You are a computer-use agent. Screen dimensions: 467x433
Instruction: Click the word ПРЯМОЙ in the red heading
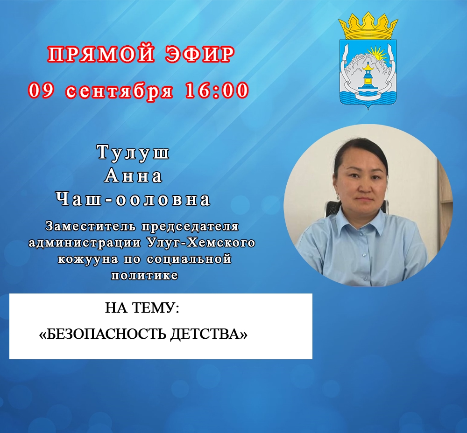[x=101, y=55]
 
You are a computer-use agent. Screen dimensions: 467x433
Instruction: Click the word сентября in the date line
[x=119, y=91]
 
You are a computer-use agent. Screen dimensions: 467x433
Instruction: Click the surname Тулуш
[x=134, y=153]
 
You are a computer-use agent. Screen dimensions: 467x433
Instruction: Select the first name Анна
[x=134, y=175]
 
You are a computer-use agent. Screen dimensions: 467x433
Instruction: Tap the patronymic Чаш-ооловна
[x=134, y=199]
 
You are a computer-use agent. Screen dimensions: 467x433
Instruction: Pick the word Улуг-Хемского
[x=201, y=243]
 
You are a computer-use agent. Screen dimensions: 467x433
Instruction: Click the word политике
[x=145, y=275]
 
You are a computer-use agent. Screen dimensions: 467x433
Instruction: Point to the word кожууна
[x=87, y=259]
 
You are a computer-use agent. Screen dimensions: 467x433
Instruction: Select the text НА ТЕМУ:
[x=142, y=308]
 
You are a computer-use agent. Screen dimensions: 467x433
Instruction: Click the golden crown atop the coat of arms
[x=368, y=26]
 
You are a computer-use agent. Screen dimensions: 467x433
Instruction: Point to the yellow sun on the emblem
[x=377, y=55]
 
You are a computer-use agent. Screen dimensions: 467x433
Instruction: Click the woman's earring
[x=338, y=196]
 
